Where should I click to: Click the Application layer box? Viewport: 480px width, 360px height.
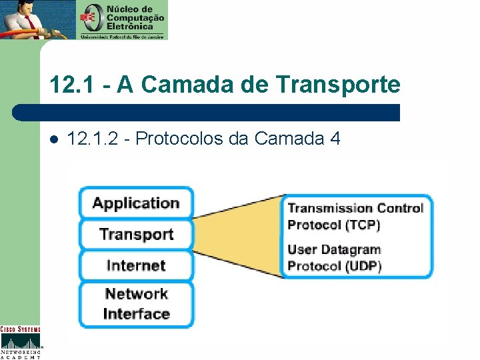(136, 203)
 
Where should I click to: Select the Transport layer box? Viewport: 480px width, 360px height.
(136, 234)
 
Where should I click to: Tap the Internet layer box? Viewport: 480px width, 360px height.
(136, 265)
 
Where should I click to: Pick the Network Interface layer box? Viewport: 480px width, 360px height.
(136, 304)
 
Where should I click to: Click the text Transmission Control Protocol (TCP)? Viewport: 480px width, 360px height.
(355, 216)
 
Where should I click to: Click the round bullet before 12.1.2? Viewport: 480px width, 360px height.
(54, 139)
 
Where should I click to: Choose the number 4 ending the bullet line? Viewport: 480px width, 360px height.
(335, 139)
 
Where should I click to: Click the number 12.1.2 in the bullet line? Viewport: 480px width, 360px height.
(93, 139)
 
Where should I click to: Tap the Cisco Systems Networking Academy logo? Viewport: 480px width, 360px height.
(20, 342)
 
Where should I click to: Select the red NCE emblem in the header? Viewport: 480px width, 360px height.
(89, 19)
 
